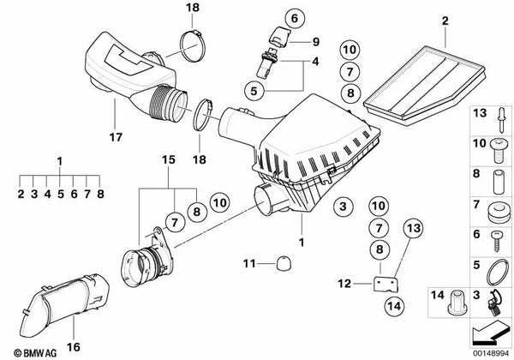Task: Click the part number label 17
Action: (x=116, y=137)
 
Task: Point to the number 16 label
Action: (x=74, y=347)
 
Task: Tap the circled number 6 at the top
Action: (x=295, y=18)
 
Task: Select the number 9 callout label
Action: (x=315, y=42)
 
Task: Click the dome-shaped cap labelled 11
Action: (x=284, y=264)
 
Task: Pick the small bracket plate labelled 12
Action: (x=386, y=284)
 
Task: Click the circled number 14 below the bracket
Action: (x=394, y=306)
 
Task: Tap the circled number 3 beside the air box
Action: (x=343, y=207)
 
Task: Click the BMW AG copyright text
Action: (x=35, y=353)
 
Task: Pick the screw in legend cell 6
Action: (x=496, y=241)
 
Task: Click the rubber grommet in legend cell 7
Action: (x=499, y=213)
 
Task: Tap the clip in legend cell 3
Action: (x=494, y=303)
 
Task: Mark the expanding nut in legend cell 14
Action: (x=456, y=301)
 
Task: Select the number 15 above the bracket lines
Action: (x=169, y=159)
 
